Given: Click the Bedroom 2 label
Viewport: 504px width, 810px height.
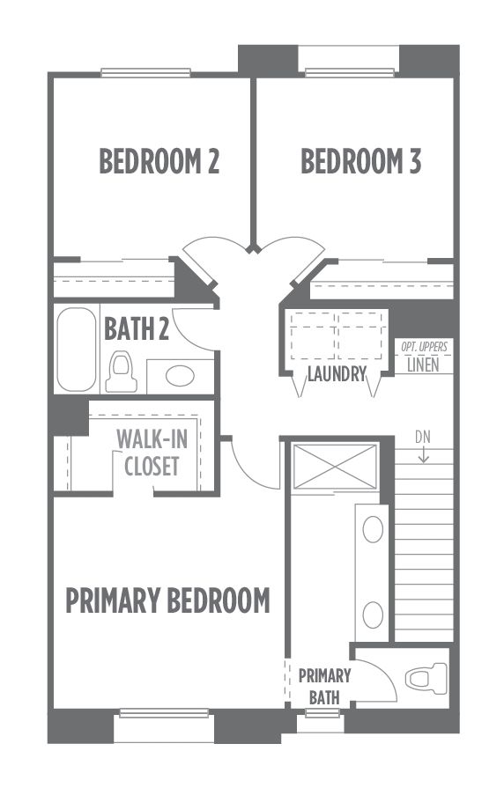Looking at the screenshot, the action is tap(159, 161).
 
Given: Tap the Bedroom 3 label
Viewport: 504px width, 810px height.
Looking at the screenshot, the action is tap(360, 161).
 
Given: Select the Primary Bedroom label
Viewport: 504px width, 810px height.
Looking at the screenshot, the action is tap(168, 600).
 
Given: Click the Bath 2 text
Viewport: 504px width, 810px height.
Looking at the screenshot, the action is tap(137, 328).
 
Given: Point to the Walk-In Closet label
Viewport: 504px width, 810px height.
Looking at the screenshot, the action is tap(152, 453).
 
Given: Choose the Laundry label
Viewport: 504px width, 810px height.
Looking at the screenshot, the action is tap(337, 373).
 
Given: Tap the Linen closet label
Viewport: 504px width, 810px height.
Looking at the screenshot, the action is tap(423, 364).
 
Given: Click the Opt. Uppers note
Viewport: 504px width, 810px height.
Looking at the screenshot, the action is tap(425, 347).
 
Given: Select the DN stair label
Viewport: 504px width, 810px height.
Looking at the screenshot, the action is tap(423, 438).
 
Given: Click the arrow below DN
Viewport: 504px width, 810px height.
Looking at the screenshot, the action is tap(423, 454).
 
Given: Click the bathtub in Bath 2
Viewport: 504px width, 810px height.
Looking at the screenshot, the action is tap(77, 350).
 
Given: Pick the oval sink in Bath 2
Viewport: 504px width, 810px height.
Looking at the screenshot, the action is tap(180, 376).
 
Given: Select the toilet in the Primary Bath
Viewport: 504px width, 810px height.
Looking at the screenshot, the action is tap(426, 677).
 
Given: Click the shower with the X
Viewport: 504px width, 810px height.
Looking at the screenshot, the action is tap(335, 467).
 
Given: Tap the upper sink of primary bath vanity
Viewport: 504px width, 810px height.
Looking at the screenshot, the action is tap(373, 530).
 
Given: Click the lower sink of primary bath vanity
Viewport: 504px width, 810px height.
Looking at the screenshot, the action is tap(373, 615).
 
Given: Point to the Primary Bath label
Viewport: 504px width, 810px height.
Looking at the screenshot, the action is tap(324, 687).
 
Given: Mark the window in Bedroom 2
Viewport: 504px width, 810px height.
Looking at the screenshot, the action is tap(145, 73).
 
